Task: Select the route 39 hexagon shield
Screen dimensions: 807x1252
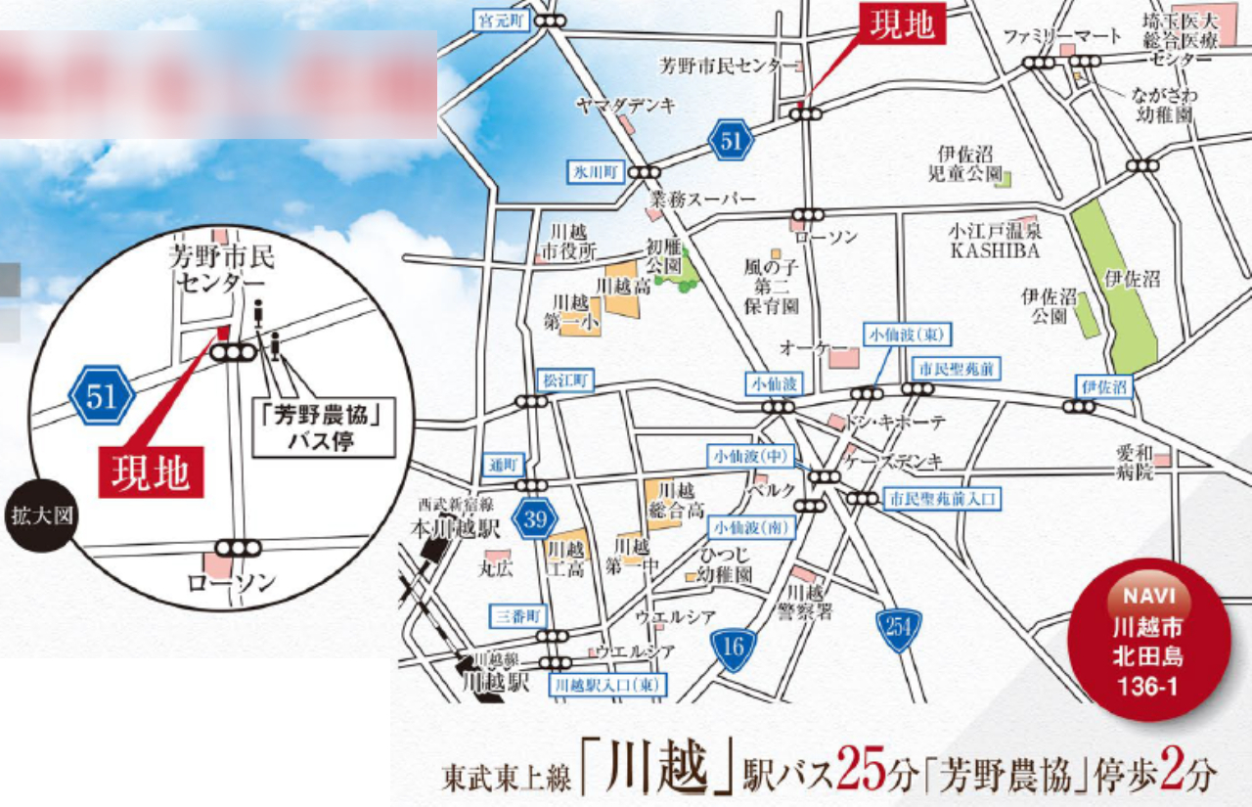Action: (x=534, y=519)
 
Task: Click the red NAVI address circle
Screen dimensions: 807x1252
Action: (x=1150, y=641)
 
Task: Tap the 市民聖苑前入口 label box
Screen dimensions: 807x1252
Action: (x=943, y=499)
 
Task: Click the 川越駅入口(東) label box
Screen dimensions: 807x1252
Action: (x=606, y=685)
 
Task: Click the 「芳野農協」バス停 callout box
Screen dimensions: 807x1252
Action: (x=325, y=427)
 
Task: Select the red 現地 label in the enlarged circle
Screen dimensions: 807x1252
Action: (x=151, y=473)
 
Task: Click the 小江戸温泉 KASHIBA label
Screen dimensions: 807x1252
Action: (x=994, y=241)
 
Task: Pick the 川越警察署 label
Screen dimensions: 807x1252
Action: (x=809, y=602)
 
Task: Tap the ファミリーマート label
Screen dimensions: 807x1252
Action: (x=1062, y=36)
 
